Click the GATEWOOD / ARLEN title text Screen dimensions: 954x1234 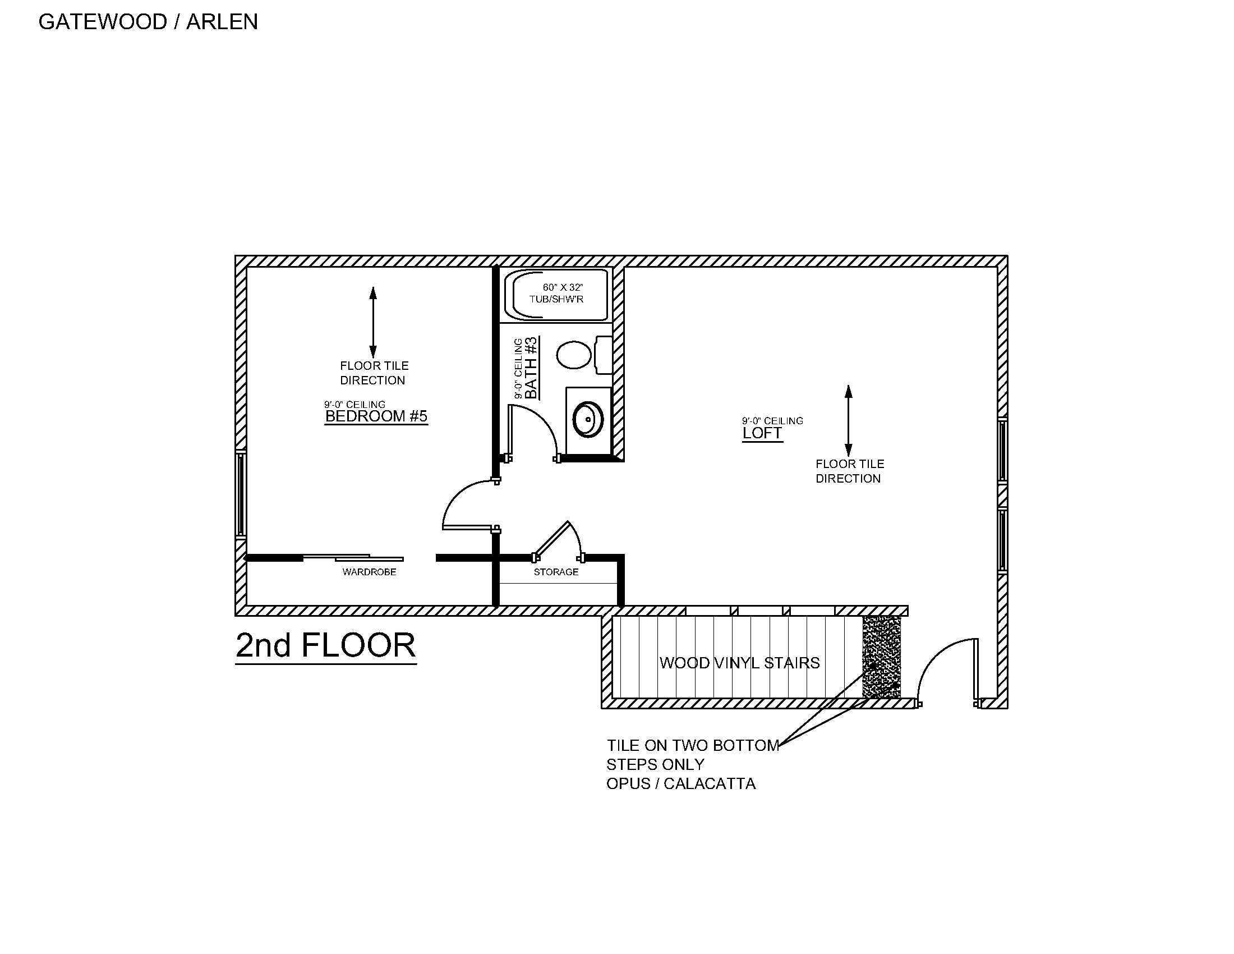pyautogui.click(x=148, y=22)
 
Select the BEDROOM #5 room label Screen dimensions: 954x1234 pyautogui.click(x=376, y=416)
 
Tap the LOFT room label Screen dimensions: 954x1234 pyautogui.click(x=762, y=433)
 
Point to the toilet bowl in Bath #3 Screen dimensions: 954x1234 pyautogui.click(x=574, y=355)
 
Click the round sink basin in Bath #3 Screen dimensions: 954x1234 pyautogui.click(x=588, y=419)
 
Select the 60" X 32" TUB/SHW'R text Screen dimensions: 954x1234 pyautogui.click(x=556, y=293)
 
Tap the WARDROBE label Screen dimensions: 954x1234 pyautogui.click(x=369, y=572)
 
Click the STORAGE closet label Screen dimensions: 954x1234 pyautogui.click(x=556, y=572)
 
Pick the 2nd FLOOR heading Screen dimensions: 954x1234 pyautogui.click(x=325, y=645)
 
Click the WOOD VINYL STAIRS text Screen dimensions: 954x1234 pyautogui.click(x=739, y=663)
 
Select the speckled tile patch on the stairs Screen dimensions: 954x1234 pyautogui.click(x=881, y=657)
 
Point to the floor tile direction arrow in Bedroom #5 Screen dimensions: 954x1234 pyautogui.click(x=373, y=322)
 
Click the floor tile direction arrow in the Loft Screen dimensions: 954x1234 pyautogui.click(x=848, y=420)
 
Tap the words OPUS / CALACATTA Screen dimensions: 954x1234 pyautogui.click(x=681, y=784)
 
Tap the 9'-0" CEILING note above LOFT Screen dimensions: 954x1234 pyautogui.click(x=772, y=421)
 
